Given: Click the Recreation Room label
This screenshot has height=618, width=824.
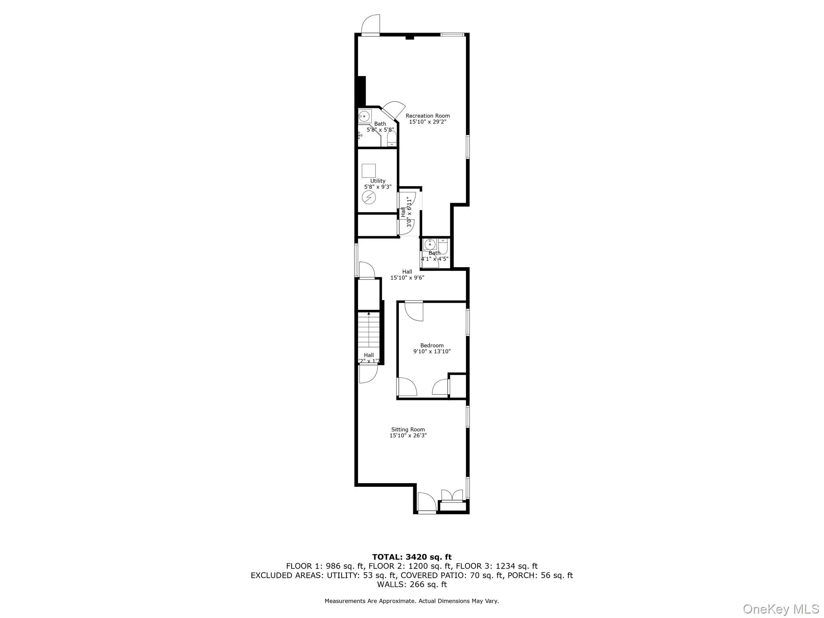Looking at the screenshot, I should pos(428,116).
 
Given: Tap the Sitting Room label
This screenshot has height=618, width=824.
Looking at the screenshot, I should pos(408,429).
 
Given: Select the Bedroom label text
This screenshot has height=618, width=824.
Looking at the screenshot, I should pos(432,345).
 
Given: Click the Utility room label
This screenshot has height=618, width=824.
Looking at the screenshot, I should pos(378,181).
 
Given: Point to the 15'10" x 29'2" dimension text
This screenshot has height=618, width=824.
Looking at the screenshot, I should pos(428,122).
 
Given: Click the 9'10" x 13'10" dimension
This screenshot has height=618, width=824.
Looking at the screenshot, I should pos(432,351).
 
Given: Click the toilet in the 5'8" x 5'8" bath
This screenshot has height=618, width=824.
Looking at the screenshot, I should pos(391,139).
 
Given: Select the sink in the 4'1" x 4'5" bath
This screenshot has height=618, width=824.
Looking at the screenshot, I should pos(430,245).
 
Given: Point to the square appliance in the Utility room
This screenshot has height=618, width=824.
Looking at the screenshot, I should pos(369,171).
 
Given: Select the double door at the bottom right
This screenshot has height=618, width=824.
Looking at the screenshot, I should pos(453,495).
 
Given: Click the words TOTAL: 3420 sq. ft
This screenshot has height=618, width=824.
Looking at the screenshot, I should pos(412,557).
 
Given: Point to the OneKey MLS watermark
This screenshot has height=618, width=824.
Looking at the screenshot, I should pos(781,609).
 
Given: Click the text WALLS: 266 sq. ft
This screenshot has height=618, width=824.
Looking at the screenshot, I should pos(412,584).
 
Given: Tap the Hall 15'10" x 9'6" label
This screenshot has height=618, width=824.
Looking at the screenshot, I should pos(407,274).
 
